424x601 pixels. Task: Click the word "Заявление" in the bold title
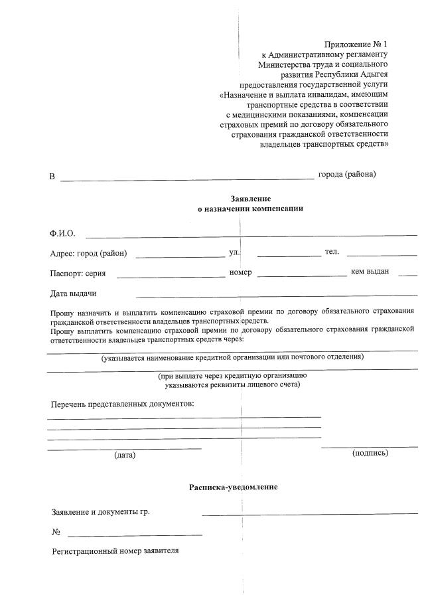(x=250, y=199)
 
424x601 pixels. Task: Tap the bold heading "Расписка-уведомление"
(x=233, y=487)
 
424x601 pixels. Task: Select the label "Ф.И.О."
(x=62, y=234)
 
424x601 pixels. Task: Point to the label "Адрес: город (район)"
(x=88, y=253)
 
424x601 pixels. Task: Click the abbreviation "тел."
(x=332, y=251)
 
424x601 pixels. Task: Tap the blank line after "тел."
(x=382, y=255)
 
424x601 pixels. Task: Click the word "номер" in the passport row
(x=240, y=272)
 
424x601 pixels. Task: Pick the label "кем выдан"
(x=370, y=272)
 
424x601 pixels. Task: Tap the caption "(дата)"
(x=124, y=455)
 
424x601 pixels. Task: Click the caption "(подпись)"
(x=370, y=452)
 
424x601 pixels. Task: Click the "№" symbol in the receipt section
(x=56, y=532)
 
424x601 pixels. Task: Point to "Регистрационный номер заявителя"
(x=115, y=551)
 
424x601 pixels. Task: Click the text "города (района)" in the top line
(x=346, y=174)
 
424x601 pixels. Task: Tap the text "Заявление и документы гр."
(x=105, y=512)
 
